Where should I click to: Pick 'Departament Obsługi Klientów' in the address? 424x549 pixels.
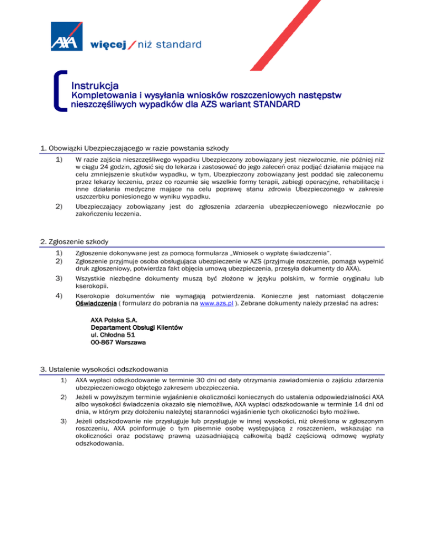coord(136,328)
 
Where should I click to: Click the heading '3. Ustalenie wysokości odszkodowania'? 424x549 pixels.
coord(104,369)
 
